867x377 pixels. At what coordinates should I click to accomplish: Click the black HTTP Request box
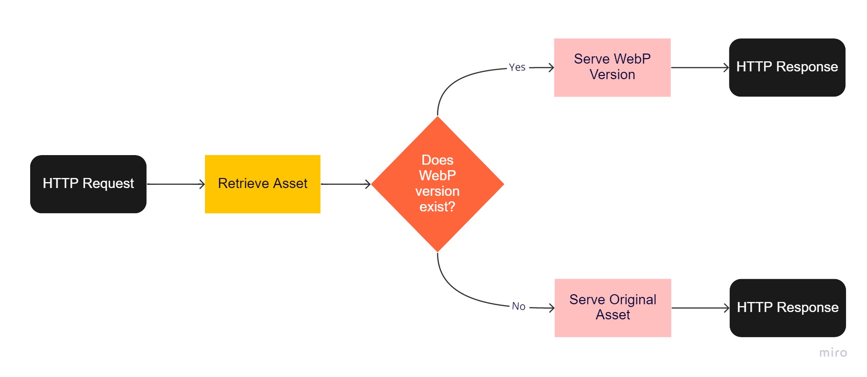point(88,184)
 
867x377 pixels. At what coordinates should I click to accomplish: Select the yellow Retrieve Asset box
point(262,184)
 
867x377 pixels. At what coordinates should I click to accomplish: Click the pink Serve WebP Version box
point(612,67)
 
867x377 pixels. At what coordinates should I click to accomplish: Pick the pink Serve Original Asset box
point(612,307)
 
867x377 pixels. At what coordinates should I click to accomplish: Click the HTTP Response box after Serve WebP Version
point(786,67)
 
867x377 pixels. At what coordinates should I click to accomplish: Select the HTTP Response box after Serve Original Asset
point(787,307)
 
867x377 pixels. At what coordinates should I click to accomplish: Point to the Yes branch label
point(517,67)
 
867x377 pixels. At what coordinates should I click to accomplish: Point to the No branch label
point(518,306)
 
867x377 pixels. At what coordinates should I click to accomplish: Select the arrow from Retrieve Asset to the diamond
point(345,184)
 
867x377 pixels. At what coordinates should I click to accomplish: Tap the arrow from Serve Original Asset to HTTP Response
point(700,308)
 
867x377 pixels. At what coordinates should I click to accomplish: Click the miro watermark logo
point(833,352)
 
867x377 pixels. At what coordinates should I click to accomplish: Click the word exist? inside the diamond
point(437,207)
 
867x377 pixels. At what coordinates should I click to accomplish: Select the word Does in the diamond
point(437,160)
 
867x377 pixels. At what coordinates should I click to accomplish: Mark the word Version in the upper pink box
point(612,75)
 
